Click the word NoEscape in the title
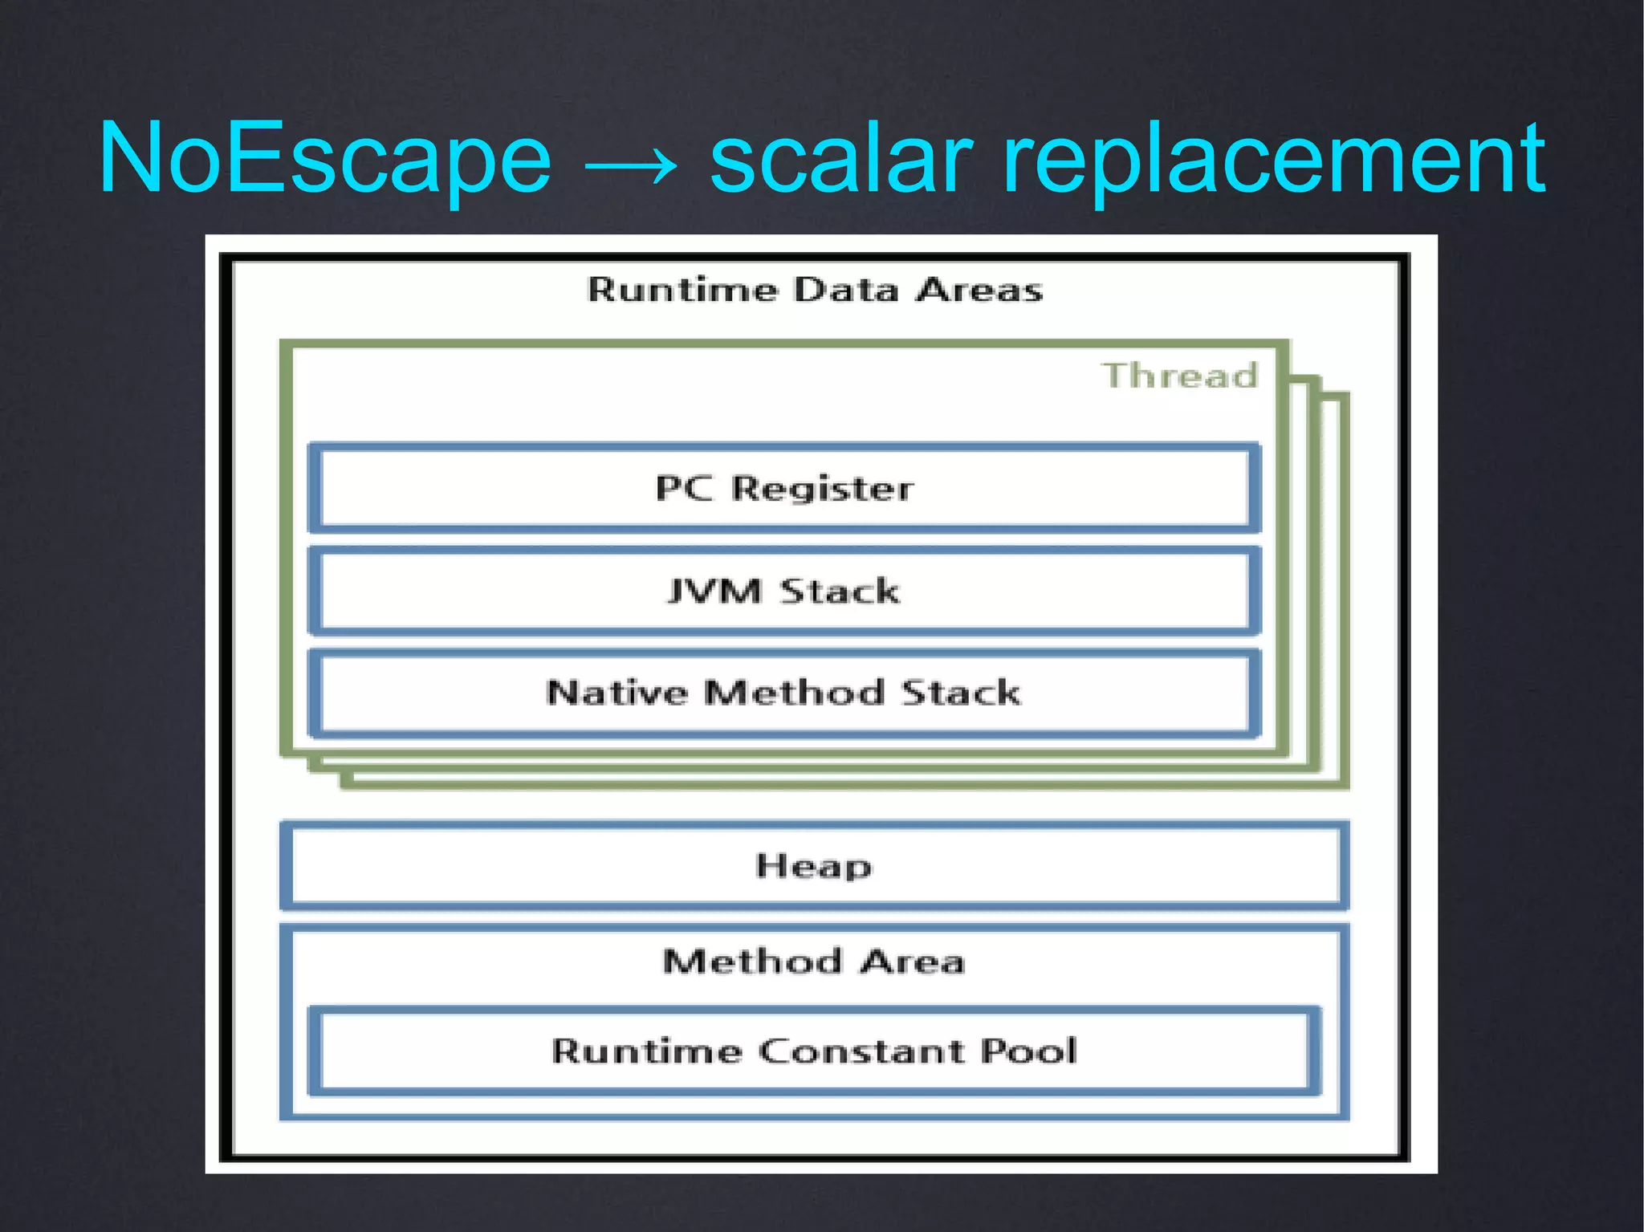pos(325,158)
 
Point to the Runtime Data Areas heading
pos(815,290)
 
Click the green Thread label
pos(1179,376)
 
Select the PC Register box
pos(784,488)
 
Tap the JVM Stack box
pos(784,592)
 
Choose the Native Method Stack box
pos(784,693)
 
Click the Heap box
pos(814,866)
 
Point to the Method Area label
pos(814,962)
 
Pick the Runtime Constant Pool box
pos(814,1051)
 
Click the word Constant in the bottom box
pos(861,1051)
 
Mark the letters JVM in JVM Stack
pos(714,592)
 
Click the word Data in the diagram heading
pos(846,290)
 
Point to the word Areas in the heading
pos(980,290)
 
